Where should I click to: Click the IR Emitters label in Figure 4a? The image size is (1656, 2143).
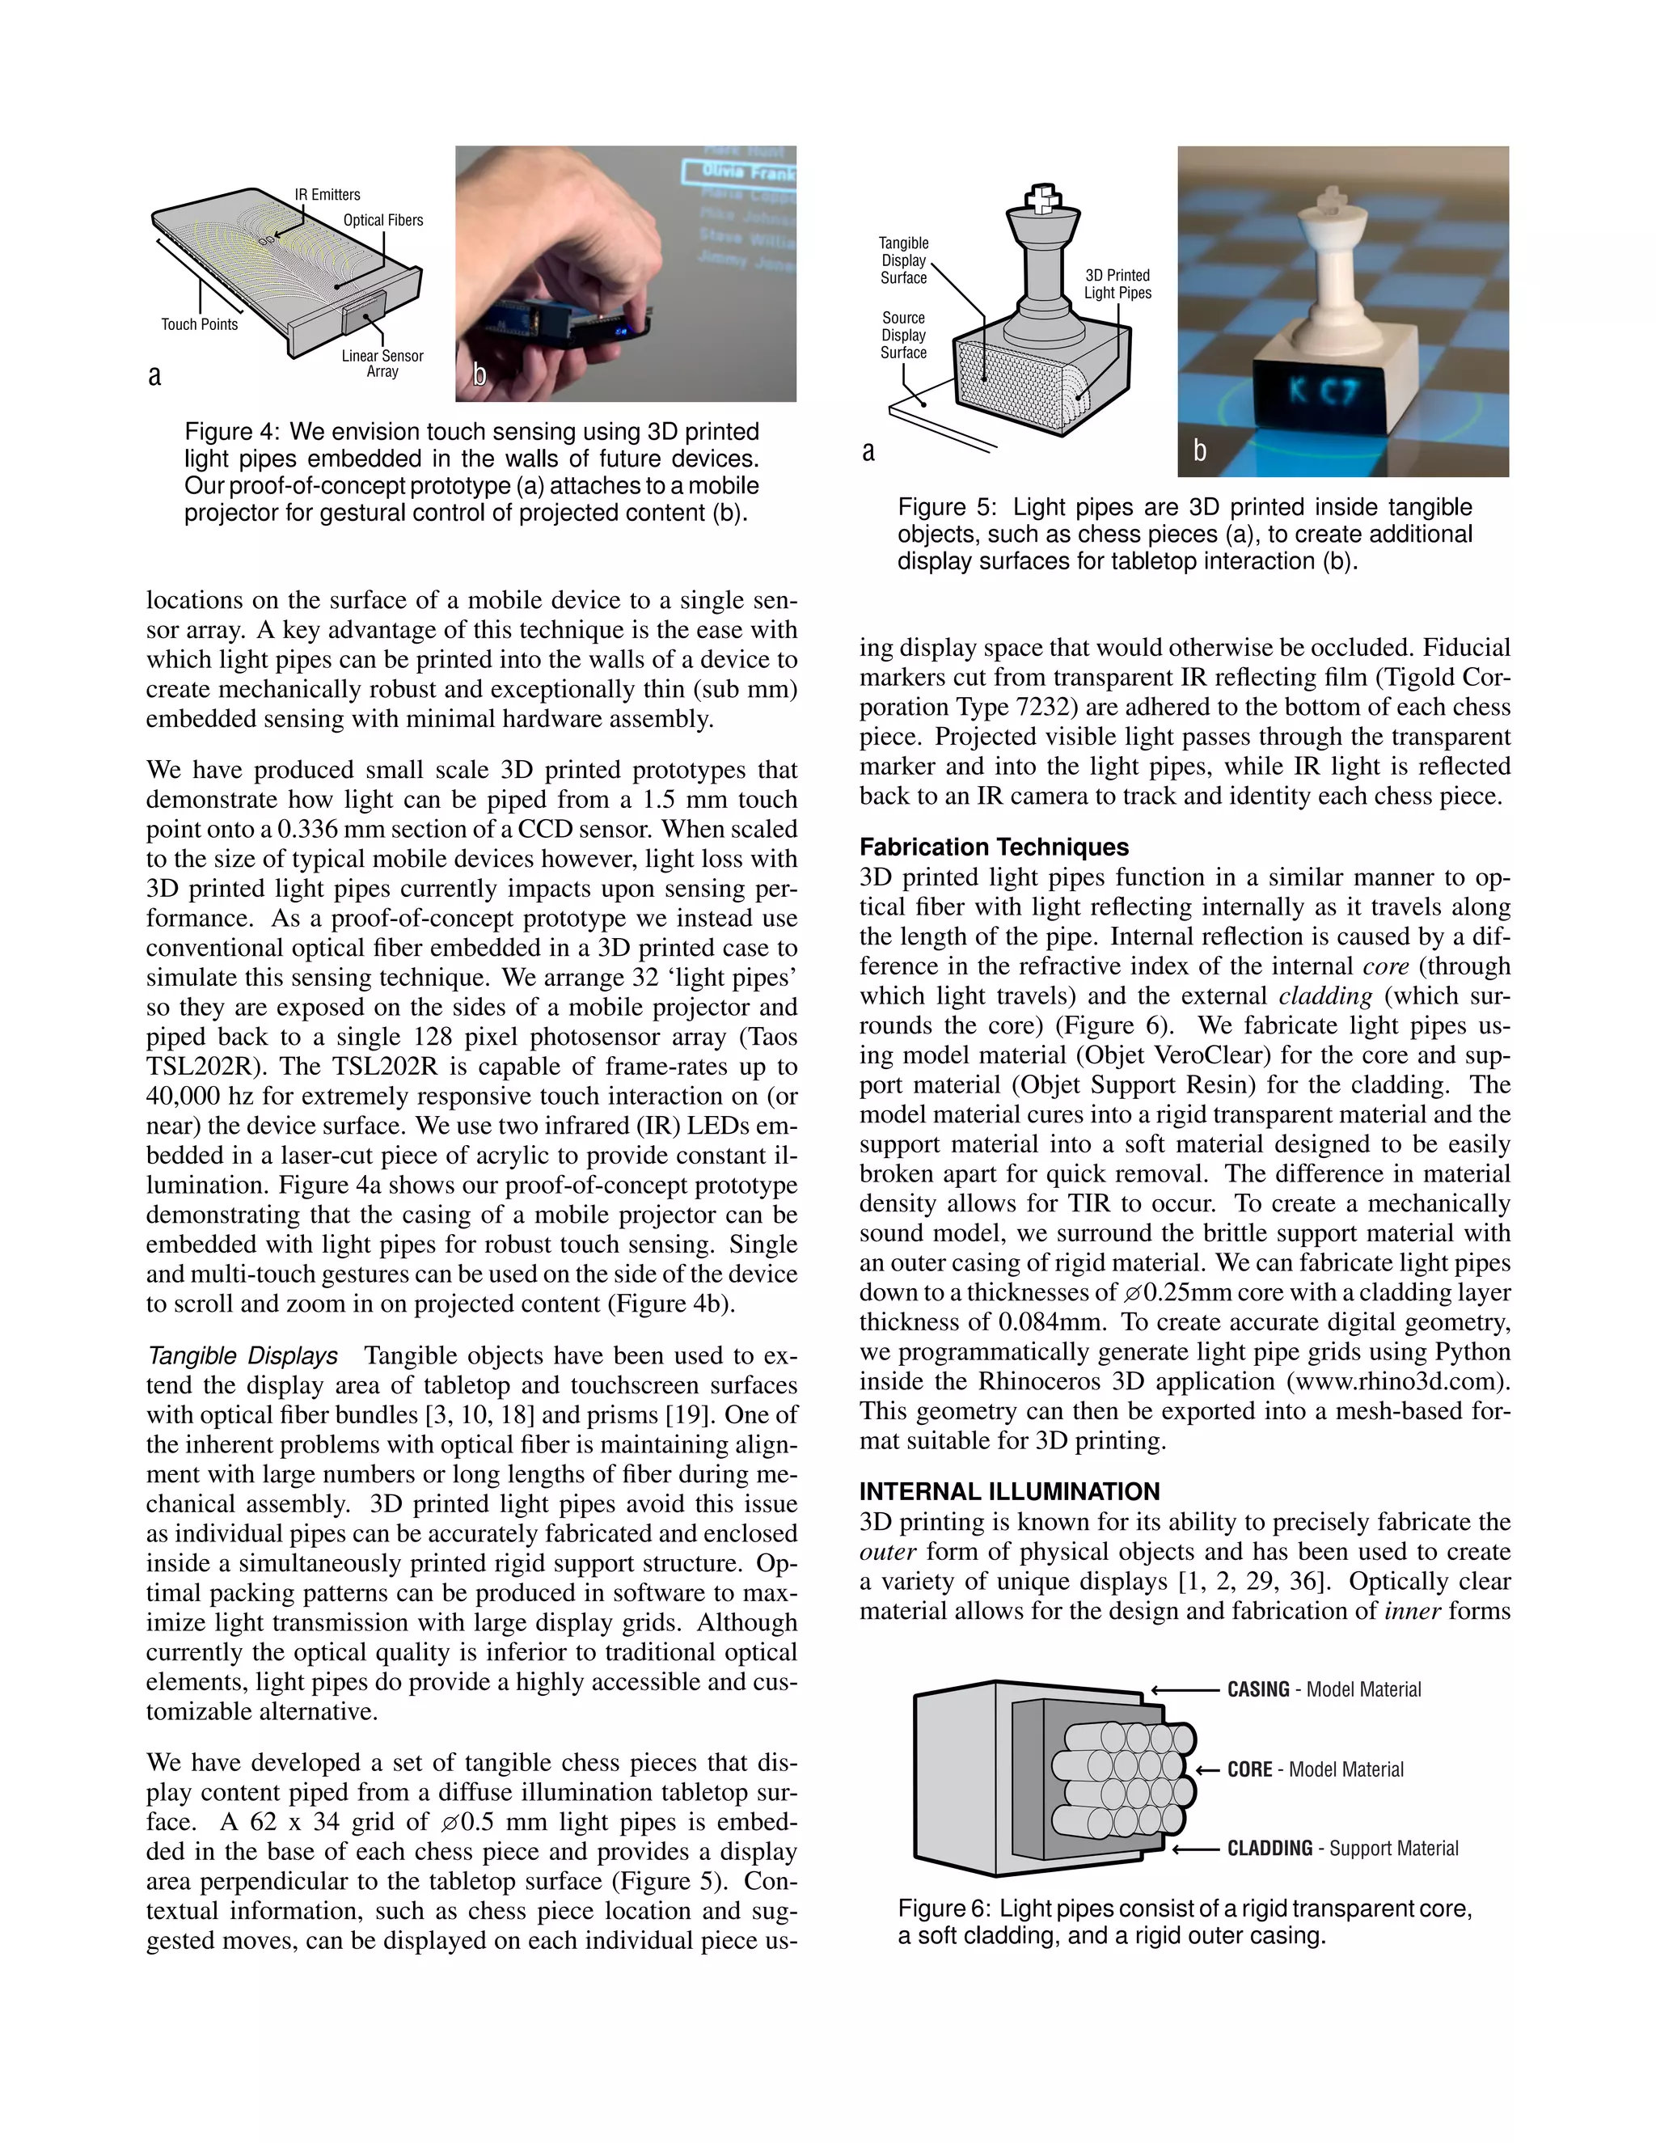click(327, 194)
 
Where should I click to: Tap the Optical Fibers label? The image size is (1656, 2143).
click(382, 220)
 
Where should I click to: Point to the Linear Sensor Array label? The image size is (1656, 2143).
click(382, 363)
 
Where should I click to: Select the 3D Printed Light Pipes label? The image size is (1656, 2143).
click(1117, 284)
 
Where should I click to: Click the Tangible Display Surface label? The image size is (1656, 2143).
click(902, 260)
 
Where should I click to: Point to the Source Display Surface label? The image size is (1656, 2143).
click(902, 335)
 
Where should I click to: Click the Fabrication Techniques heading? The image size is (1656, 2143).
click(994, 847)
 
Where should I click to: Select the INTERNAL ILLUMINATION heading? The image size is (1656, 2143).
click(1009, 1491)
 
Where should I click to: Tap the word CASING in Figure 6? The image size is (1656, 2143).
click(1257, 1689)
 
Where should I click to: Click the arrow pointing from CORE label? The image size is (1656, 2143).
click(1208, 1770)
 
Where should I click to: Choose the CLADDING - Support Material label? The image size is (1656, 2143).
click(1342, 1849)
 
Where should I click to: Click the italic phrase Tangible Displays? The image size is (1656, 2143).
click(243, 1356)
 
